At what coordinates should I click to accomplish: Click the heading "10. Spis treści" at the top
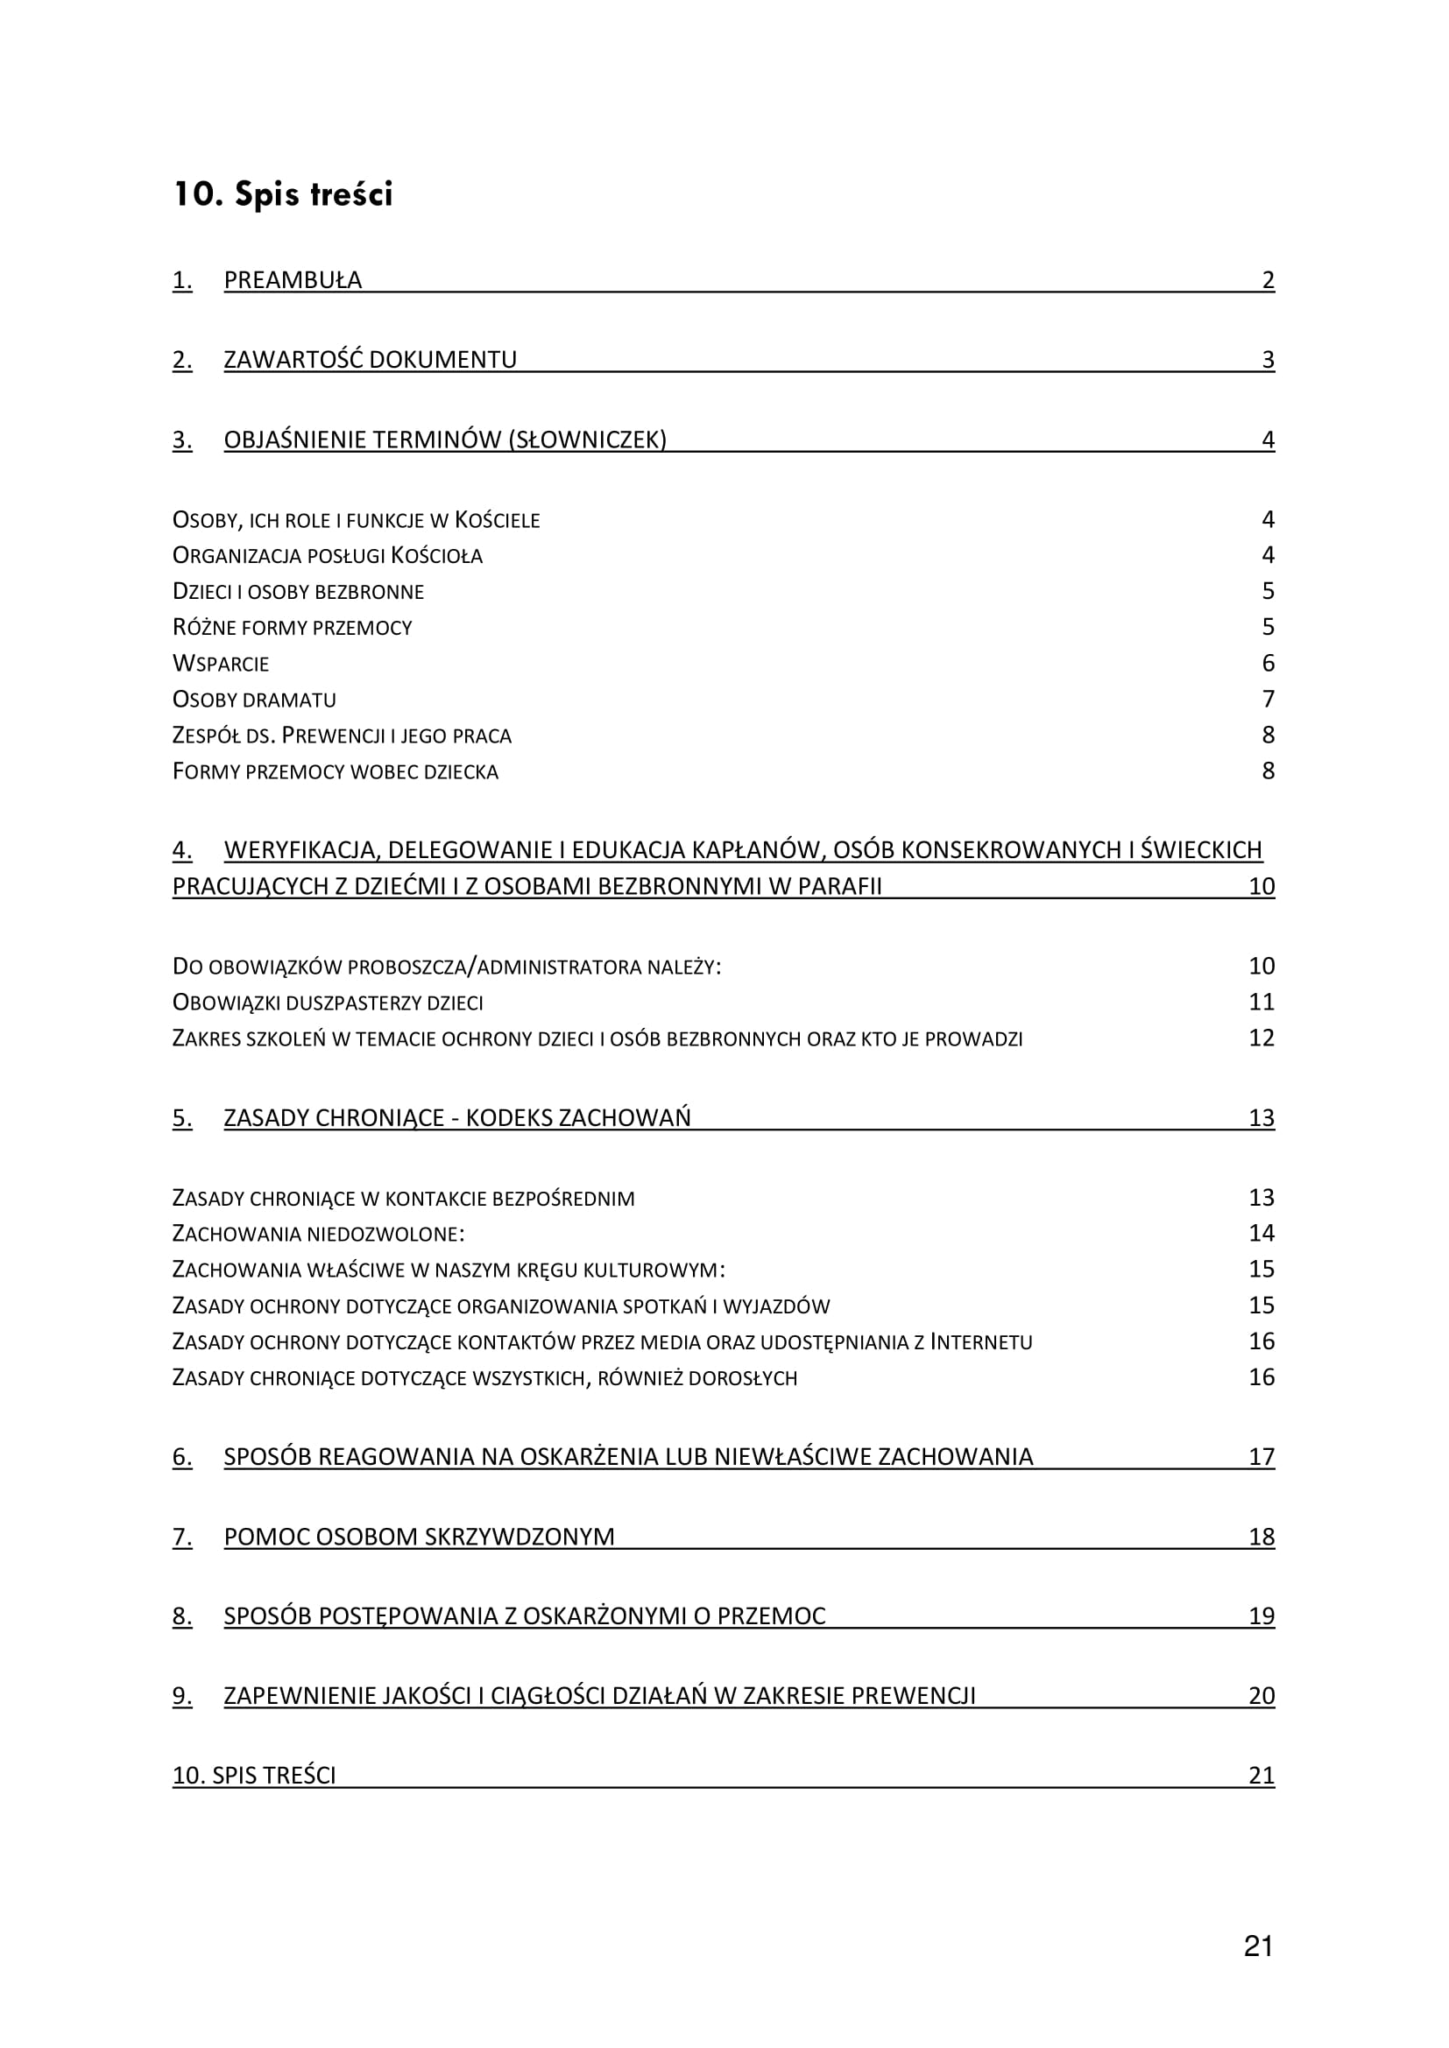(282, 194)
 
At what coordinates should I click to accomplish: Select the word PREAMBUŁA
(293, 280)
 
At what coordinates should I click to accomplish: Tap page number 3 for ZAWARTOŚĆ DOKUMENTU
(1268, 360)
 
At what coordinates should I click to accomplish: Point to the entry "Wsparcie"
(221, 664)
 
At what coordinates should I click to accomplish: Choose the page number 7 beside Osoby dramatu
(1268, 700)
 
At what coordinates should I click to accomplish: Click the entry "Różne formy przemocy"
(292, 628)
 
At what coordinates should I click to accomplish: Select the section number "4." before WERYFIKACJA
(182, 850)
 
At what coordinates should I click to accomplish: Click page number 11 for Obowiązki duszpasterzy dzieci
(1262, 1002)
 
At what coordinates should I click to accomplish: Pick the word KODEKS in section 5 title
(509, 1117)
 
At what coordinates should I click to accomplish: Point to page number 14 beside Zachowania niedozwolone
(1262, 1233)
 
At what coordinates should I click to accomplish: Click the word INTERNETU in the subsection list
(980, 1341)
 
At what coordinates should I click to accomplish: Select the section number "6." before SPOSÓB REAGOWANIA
(182, 1457)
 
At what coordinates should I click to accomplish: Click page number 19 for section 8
(1262, 1616)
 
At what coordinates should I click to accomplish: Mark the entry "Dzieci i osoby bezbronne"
(298, 591)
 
